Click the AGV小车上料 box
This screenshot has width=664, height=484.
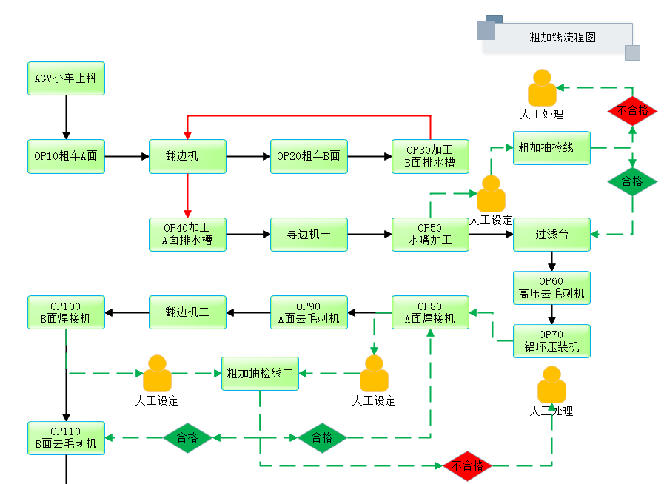point(66,78)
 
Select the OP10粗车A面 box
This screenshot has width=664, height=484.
point(66,156)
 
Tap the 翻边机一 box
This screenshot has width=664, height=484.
point(187,156)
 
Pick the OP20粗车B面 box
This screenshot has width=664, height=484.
point(309,156)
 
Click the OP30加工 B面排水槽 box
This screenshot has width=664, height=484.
point(430,156)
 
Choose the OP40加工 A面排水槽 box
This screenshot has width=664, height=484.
point(187,234)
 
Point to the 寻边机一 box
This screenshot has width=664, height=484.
point(309,234)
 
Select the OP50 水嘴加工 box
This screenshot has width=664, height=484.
point(430,234)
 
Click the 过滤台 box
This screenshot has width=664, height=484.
point(551,234)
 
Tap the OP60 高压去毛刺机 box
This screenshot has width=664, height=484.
point(551,287)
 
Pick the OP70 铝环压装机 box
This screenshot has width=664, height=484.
point(551,340)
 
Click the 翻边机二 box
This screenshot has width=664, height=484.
point(187,312)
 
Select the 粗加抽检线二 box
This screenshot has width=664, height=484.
point(260,374)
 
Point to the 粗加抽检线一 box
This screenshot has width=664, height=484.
point(551,148)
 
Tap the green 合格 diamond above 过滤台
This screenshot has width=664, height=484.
point(632,182)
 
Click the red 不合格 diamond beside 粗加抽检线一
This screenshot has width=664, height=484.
point(632,111)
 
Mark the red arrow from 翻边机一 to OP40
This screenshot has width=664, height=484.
point(187,195)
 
